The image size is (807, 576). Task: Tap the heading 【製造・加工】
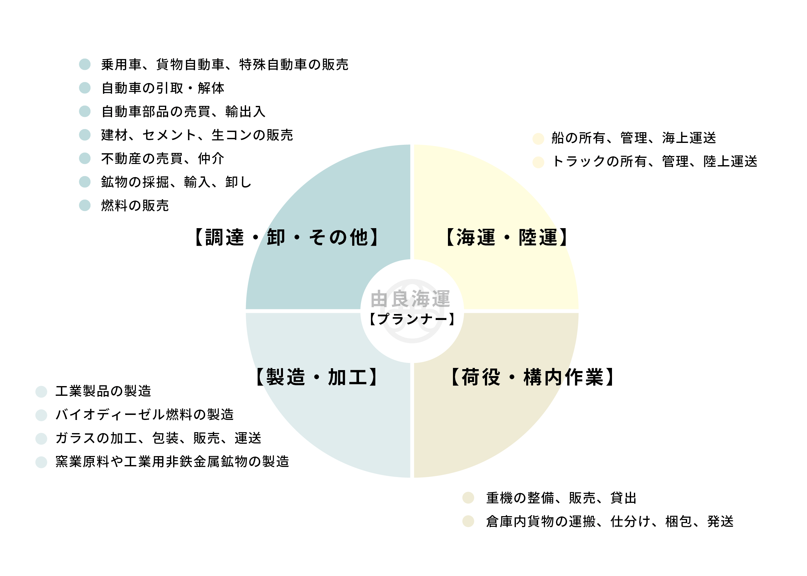[x=317, y=377]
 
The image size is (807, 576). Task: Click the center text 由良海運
[x=410, y=299]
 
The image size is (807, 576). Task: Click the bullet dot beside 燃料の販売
[x=85, y=205]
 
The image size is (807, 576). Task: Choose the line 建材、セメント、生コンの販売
[x=197, y=135]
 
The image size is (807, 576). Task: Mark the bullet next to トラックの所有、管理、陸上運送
[x=538, y=162]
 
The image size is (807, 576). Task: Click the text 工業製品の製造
[x=103, y=391]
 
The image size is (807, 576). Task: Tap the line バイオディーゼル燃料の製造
[x=145, y=415]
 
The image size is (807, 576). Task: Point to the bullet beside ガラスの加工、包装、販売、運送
[x=41, y=439]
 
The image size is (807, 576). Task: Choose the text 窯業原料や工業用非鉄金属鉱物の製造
[x=172, y=461]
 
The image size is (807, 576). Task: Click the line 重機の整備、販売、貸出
[x=561, y=498]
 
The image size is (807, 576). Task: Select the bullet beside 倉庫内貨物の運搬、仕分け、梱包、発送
[x=468, y=521]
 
